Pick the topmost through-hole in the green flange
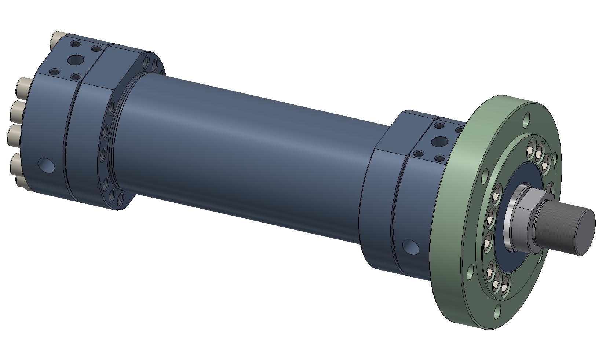[527, 118]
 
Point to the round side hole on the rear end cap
[47, 165]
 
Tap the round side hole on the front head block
[410, 247]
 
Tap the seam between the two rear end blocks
[72, 139]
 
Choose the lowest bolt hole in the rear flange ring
[120, 200]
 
